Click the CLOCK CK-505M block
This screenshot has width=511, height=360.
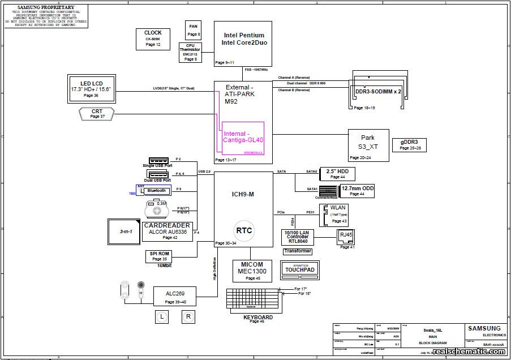pyautogui.click(x=153, y=38)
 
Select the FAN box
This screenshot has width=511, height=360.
pyautogui.click(x=194, y=29)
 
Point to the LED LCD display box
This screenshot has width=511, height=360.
pyautogui.click(x=91, y=87)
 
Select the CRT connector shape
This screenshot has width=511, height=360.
pyautogui.click(x=97, y=114)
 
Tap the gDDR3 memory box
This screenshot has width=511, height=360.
pyautogui.click(x=410, y=145)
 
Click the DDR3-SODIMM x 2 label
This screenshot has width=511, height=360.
pyautogui.click(x=378, y=91)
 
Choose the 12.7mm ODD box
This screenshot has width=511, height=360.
pyautogui.click(x=357, y=190)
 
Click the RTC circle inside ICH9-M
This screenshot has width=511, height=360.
pyautogui.click(x=244, y=230)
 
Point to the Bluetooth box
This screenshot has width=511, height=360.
pyautogui.click(x=156, y=191)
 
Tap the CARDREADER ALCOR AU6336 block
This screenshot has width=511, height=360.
pyautogui.click(x=168, y=232)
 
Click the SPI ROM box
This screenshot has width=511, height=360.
pyautogui.click(x=160, y=256)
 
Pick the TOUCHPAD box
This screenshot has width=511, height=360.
pyautogui.click(x=300, y=270)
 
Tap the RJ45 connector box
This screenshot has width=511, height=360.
pyautogui.click(x=345, y=235)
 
